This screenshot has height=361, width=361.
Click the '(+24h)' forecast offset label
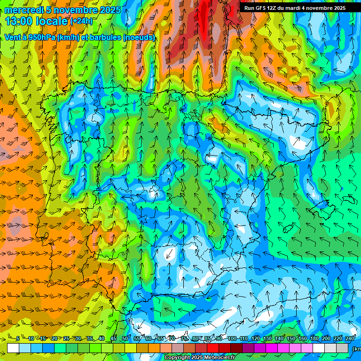[81, 21]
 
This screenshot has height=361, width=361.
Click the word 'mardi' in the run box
[300, 8]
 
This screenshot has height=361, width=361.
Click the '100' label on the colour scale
[232, 338]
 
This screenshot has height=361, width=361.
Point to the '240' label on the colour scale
[350, 338]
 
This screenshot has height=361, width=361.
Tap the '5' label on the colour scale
[18, 338]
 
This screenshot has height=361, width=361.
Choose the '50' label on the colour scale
[125, 338]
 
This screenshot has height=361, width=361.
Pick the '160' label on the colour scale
[303, 338]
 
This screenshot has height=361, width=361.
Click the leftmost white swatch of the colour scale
[13, 348]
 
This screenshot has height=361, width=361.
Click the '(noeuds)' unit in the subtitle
[139, 37]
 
